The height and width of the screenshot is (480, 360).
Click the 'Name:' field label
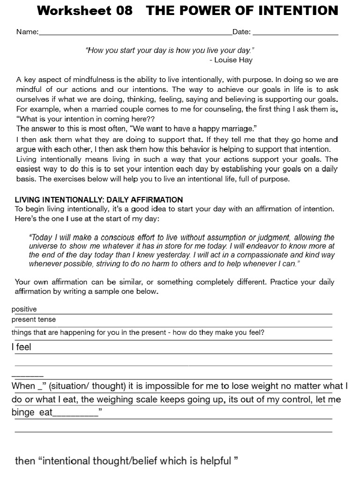(x=27, y=32)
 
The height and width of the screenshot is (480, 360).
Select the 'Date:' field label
(x=241, y=32)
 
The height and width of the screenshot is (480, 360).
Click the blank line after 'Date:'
(x=295, y=33)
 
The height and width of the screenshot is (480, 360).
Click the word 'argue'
(x=26, y=149)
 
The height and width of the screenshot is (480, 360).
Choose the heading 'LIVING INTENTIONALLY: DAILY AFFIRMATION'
(x=99, y=200)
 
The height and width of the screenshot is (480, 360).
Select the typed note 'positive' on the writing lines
(x=24, y=309)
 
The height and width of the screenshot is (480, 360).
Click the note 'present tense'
(x=34, y=320)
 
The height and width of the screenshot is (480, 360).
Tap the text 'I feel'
(x=21, y=347)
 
